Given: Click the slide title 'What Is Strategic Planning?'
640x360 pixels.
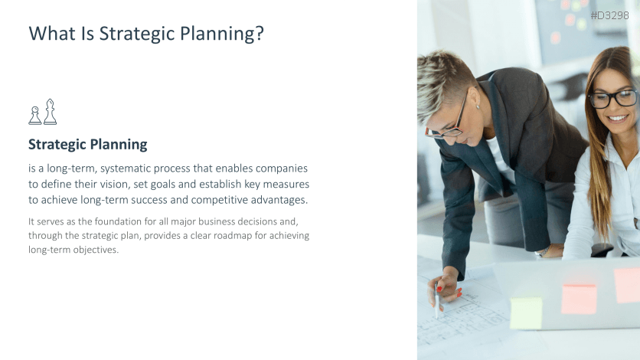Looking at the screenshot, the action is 146,34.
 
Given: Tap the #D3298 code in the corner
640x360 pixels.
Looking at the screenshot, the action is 609,15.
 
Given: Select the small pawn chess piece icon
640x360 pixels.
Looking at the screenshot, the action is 35,116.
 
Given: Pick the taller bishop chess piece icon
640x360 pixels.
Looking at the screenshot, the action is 51,111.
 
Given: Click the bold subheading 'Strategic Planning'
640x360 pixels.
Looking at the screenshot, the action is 88,145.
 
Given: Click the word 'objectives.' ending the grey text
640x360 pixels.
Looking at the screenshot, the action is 96,250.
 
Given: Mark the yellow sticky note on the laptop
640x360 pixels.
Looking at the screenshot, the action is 526,313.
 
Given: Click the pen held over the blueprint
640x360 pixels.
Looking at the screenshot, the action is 436,300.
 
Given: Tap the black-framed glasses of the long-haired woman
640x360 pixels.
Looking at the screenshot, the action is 613,99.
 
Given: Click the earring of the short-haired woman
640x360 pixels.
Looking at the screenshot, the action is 478,107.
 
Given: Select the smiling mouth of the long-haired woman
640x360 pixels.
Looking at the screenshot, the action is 618,119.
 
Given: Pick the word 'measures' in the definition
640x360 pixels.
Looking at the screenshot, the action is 286,185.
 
